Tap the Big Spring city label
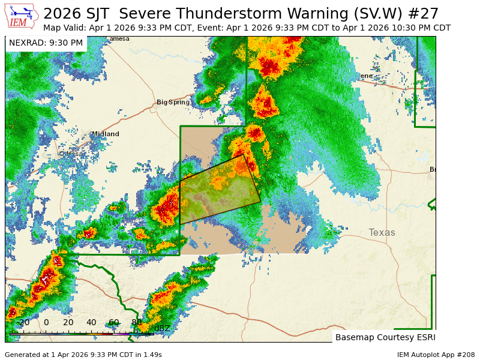[173, 103]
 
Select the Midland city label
[105, 134]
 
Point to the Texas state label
[382, 233]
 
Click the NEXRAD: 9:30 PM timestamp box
[46, 43]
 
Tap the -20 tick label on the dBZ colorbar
[23, 323]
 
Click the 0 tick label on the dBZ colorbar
[46, 323]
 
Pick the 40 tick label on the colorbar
[91, 323]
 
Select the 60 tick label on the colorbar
[113, 323]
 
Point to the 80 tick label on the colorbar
[136, 323]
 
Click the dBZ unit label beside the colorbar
[162, 328]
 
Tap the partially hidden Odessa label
[69, 154]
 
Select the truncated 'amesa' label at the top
[119, 39]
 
